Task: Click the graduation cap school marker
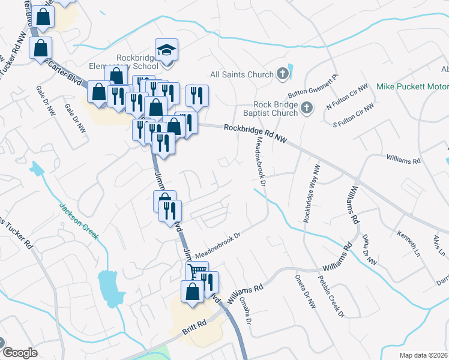[167, 50]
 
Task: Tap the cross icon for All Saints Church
[283, 74]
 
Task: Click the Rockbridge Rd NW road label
[256, 134]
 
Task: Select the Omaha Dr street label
[244, 309]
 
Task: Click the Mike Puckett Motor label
[412, 86]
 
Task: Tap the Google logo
[20, 352]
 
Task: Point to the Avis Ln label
[438, 245]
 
